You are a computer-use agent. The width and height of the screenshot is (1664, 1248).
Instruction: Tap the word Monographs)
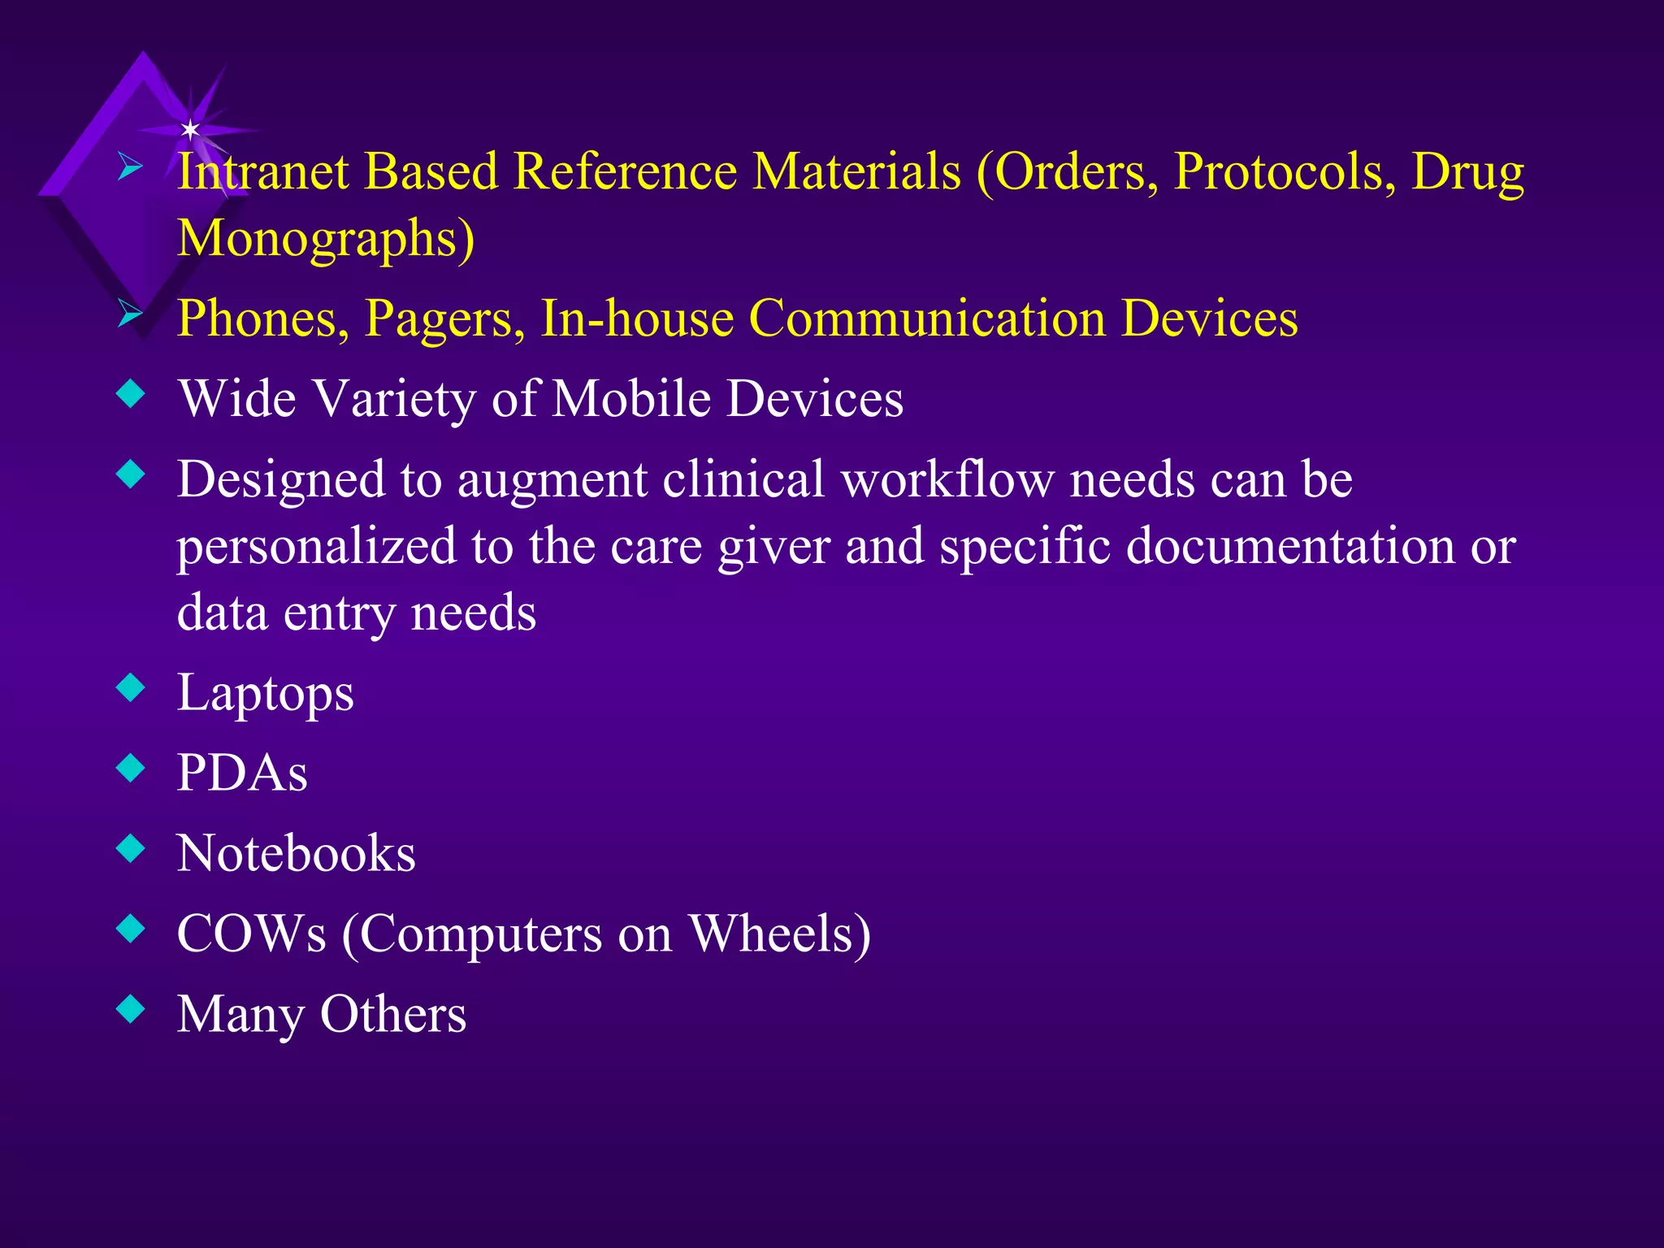[326, 239]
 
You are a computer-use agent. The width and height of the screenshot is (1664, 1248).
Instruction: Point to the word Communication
[927, 318]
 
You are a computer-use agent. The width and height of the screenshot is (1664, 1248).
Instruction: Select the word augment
[552, 479]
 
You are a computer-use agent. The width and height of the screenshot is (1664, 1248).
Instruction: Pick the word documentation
[1290, 546]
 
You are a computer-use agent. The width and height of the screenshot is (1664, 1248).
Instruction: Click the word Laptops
[266, 694]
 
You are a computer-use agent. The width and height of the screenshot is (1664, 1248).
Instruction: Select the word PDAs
[242, 773]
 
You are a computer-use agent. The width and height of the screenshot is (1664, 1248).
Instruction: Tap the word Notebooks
[296, 854]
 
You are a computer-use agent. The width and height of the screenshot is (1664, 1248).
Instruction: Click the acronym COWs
[251, 934]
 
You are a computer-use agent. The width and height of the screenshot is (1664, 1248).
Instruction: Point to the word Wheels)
[780, 934]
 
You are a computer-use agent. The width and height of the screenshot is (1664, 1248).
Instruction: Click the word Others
[393, 1015]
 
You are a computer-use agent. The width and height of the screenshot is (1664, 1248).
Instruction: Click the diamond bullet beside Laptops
[131, 687]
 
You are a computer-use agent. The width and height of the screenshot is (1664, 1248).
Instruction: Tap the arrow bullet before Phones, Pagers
[130, 313]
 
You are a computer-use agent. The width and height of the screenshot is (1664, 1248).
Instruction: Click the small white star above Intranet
[190, 129]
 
